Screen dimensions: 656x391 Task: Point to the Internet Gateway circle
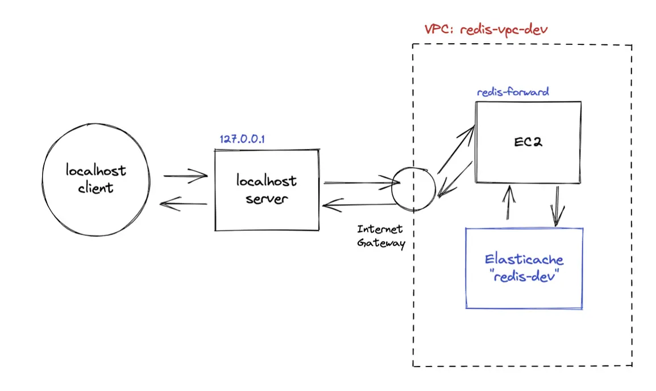pos(392,189)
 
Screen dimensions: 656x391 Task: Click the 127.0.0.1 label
pos(242,139)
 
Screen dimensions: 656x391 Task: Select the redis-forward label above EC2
pos(513,92)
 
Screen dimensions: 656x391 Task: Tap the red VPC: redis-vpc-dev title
pos(486,30)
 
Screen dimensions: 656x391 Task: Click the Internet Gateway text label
pos(381,236)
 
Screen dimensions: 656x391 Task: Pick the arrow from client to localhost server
pos(185,176)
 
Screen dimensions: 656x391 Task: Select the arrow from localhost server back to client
pos(184,204)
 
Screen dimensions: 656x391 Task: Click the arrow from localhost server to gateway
pos(362,182)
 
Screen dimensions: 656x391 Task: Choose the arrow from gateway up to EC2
pos(456,149)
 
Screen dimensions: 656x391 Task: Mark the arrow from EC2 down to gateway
pos(455,180)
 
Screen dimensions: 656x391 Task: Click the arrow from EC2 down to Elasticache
pos(557,206)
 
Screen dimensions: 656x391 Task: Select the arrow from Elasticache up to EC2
pos(509,202)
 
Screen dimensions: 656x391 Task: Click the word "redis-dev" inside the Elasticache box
pos(525,276)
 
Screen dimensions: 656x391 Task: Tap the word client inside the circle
pos(96,188)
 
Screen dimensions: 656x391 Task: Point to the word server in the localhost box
pos(267,199)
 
